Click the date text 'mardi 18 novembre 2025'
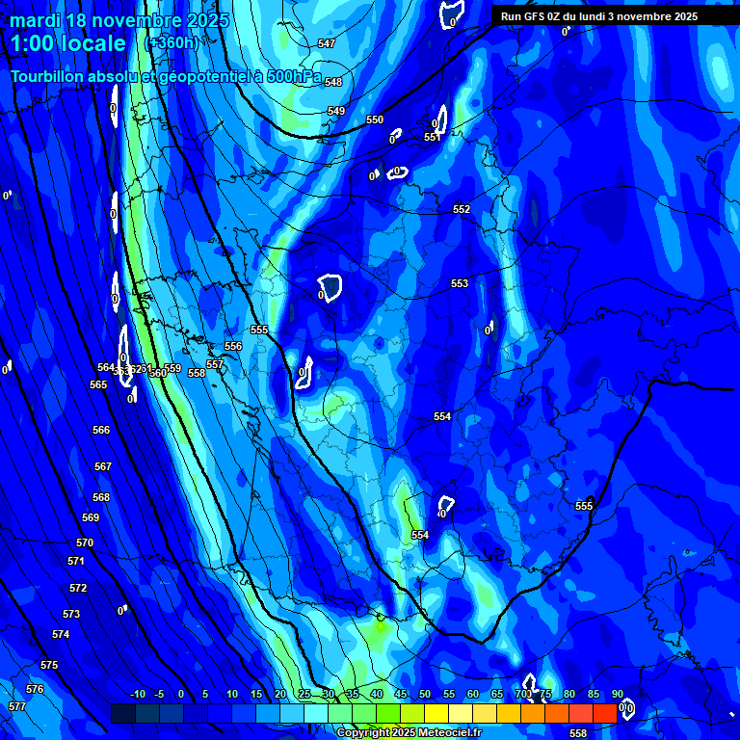(119, 20)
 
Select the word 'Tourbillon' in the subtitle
(52, 76)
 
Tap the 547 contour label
(327, 44)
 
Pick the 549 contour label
(336, 112)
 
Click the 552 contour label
(462, 209)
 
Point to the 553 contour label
(460, 283)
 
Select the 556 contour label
(233, 346)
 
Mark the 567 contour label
(103, 466)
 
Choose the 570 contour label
(85, 543)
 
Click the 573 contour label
(71, 614)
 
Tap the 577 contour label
(16, 706)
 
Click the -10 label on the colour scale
(137, 695)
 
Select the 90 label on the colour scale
(617, 695)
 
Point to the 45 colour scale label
(400, 695)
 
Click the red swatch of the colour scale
(604, 713)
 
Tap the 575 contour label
(49, 666)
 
